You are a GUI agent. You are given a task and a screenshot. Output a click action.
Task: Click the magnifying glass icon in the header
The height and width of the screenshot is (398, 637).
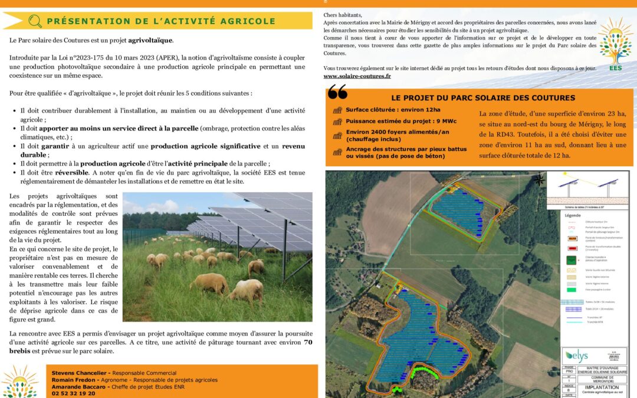coord(35,21)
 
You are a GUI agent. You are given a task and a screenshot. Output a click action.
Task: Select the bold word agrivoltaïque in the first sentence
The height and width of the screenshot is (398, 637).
coord(150,41)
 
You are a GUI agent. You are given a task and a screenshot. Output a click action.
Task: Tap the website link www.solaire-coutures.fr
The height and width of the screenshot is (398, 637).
coord(357,77)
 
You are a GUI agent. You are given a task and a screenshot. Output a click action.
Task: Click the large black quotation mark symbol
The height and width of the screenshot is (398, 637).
coord(337,92)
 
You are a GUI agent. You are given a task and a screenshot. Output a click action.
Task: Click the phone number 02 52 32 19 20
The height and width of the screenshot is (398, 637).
coord(73,393)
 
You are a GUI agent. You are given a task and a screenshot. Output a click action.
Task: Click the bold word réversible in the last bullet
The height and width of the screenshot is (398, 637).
coord(71,173)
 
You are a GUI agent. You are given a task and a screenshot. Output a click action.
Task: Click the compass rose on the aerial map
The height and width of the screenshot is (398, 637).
coord(539,180)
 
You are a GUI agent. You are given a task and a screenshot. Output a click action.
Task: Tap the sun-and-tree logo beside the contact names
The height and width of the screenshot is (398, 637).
coord(19,381)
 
